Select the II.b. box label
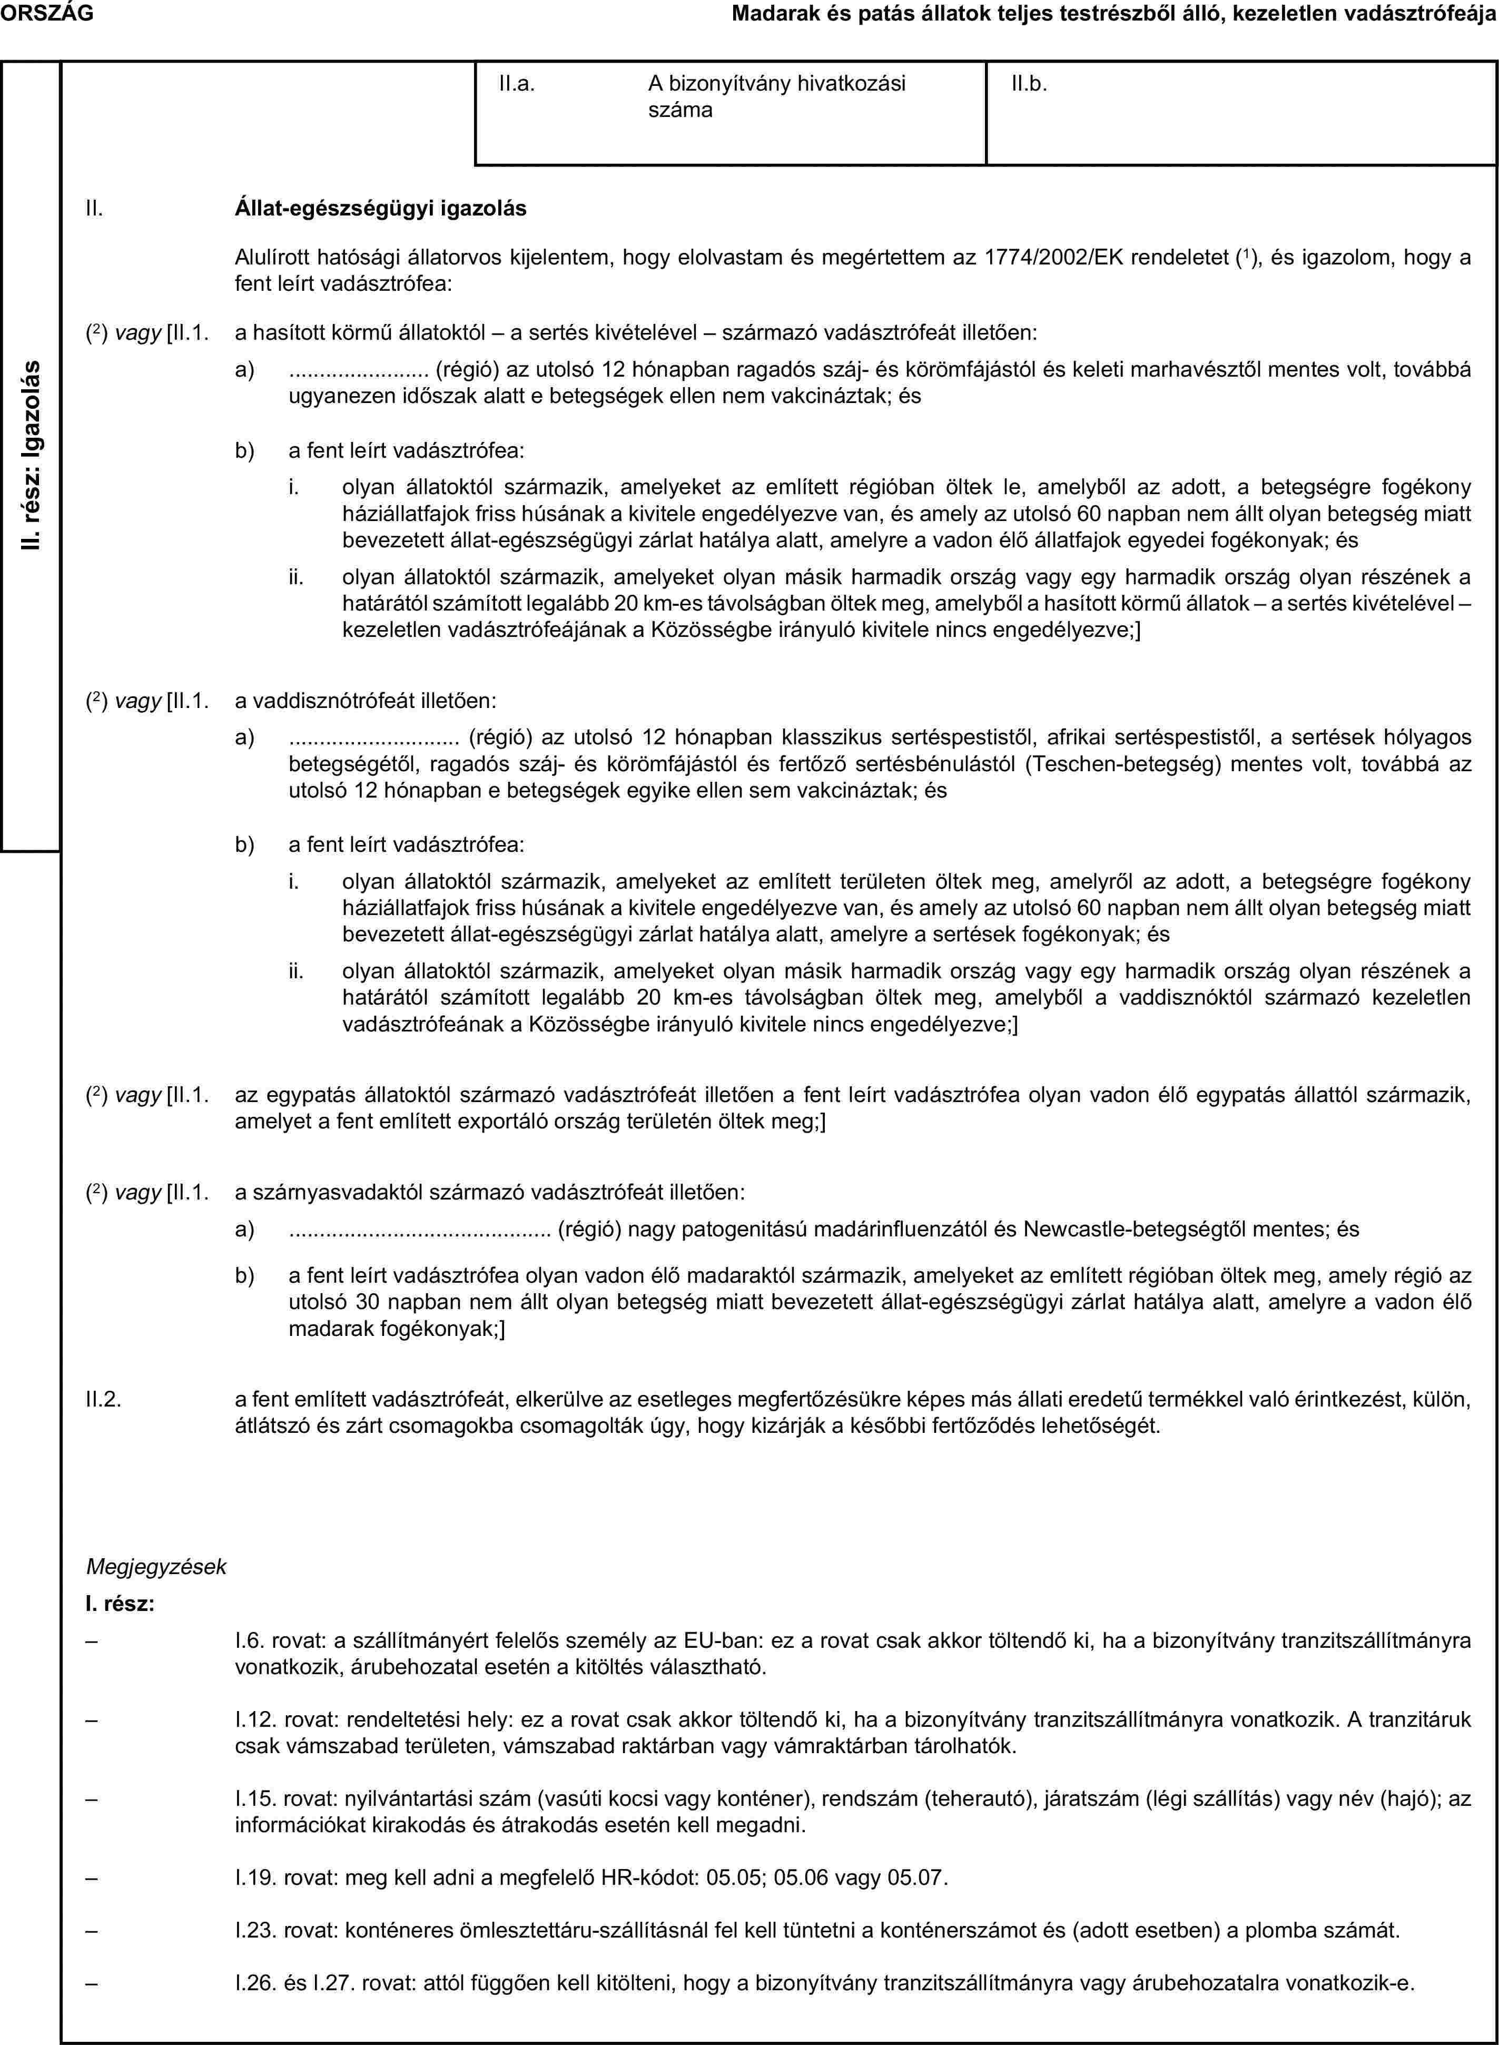(x=1029, y=84)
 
